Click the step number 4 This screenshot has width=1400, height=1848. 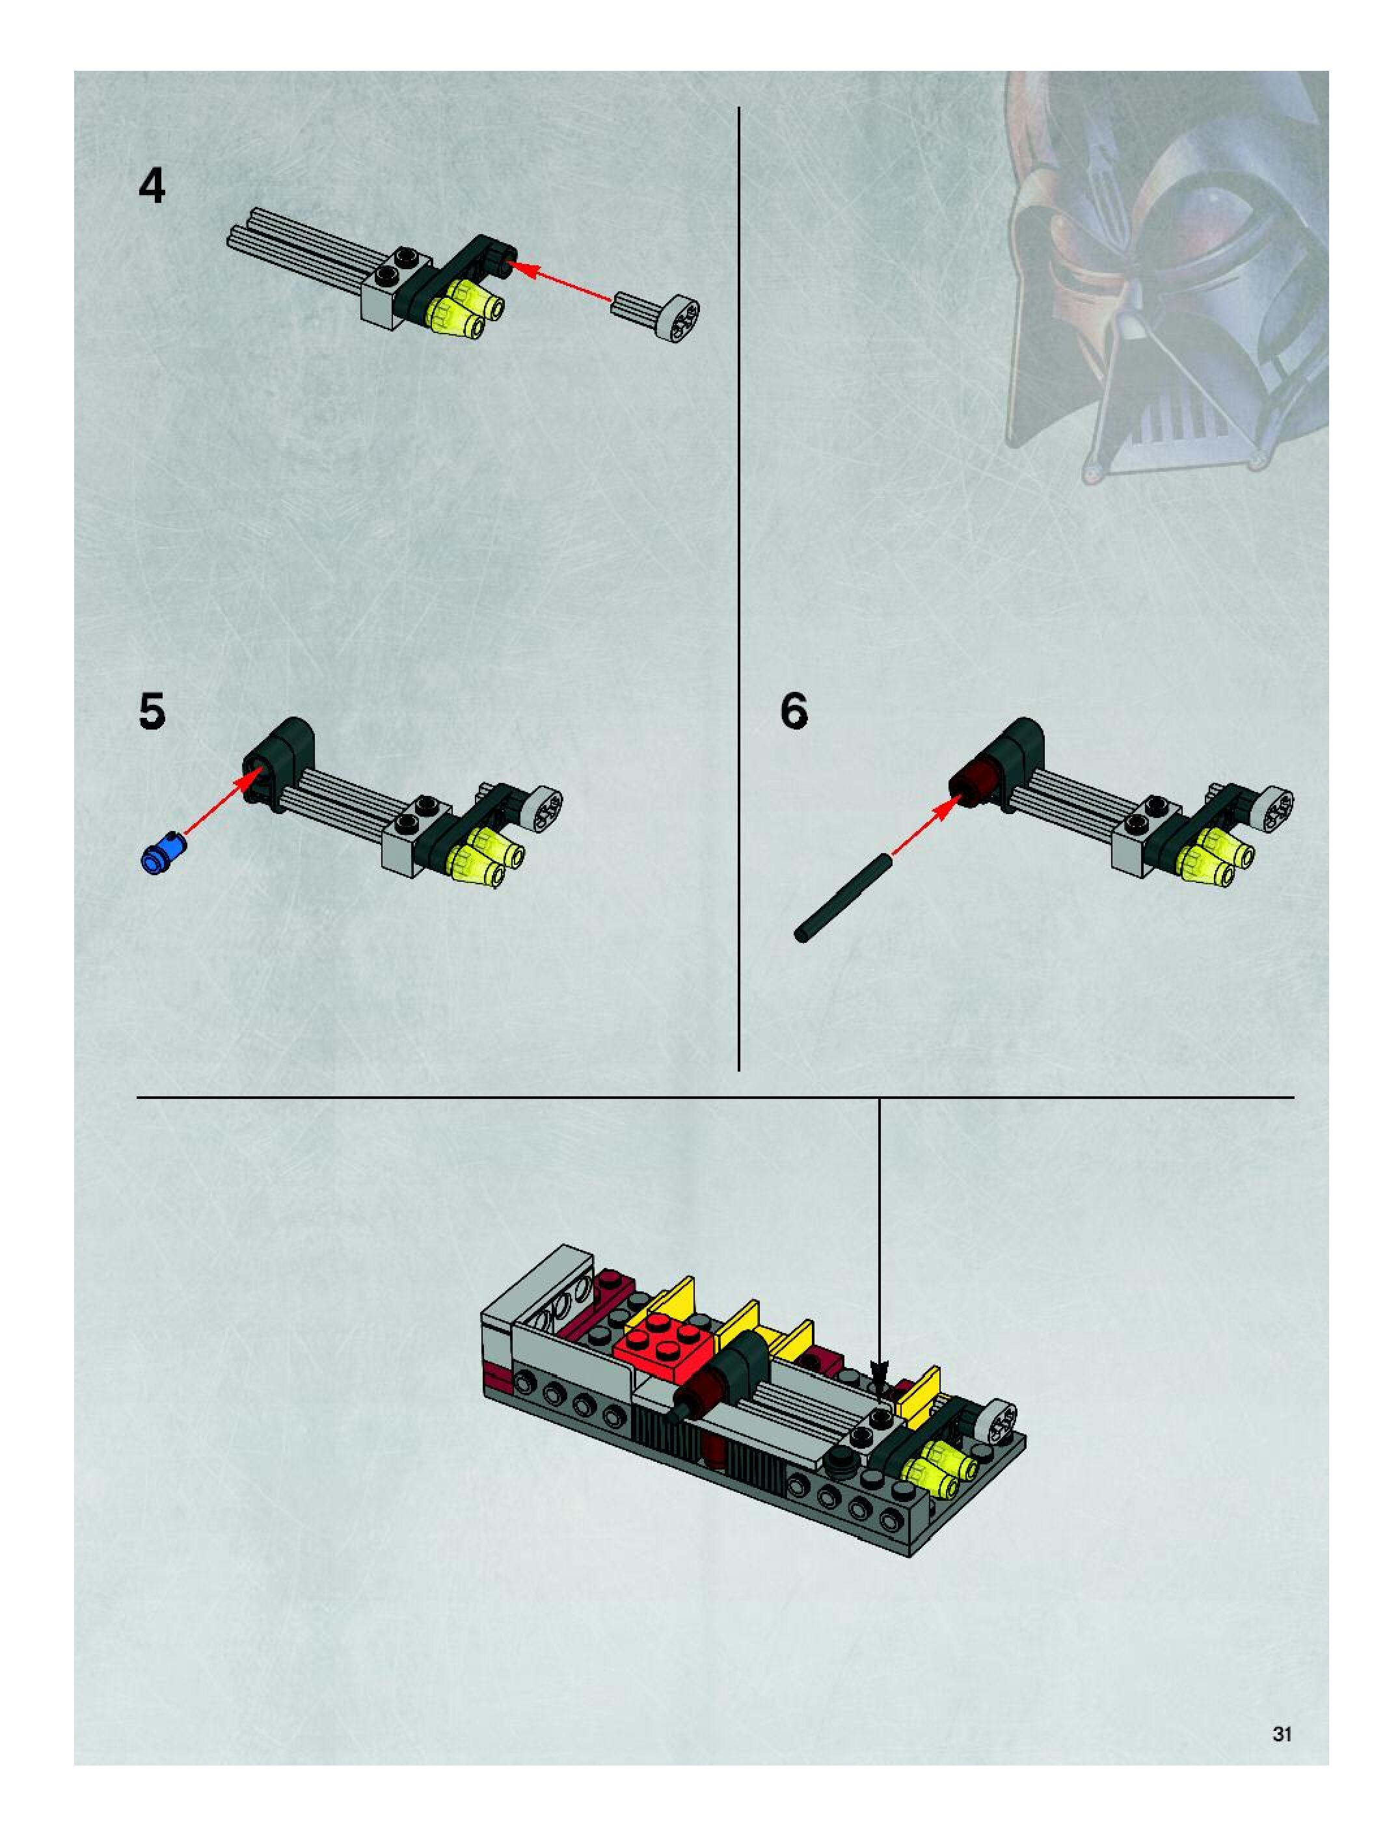coord(152,187)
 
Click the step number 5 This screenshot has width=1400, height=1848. coord(152,712)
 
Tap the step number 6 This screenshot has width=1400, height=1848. coord(794,712)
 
